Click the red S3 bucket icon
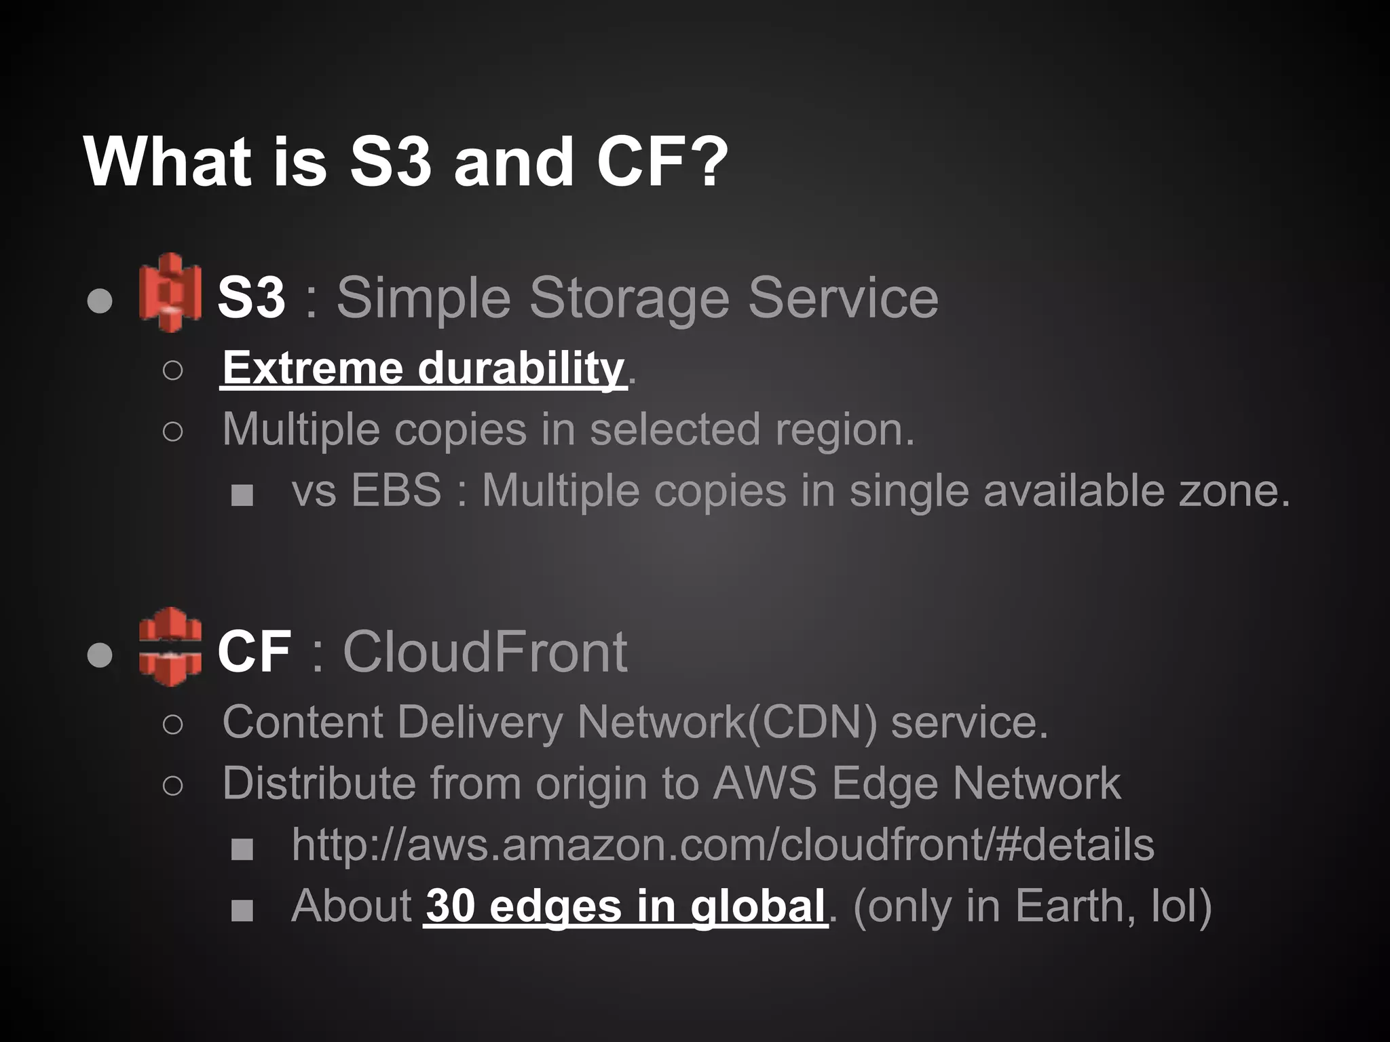click(170, 292)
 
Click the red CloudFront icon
click(170, 647)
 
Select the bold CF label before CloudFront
click(255, 651)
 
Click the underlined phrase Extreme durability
click(423, 368)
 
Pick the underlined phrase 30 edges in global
click(625, 906)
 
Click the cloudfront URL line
click(723, 845)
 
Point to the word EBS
click(396, 490)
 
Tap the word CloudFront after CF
click(485, 651)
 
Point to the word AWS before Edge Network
click(764, 784)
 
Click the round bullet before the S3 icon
click(100, 301)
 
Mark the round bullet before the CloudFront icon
click(100, 655)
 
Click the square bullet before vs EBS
click(242, 495)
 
